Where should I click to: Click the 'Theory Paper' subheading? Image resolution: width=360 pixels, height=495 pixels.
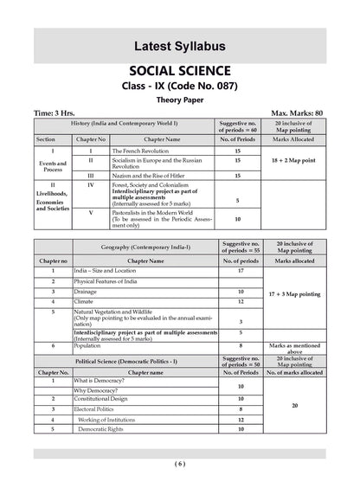[180, 99]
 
